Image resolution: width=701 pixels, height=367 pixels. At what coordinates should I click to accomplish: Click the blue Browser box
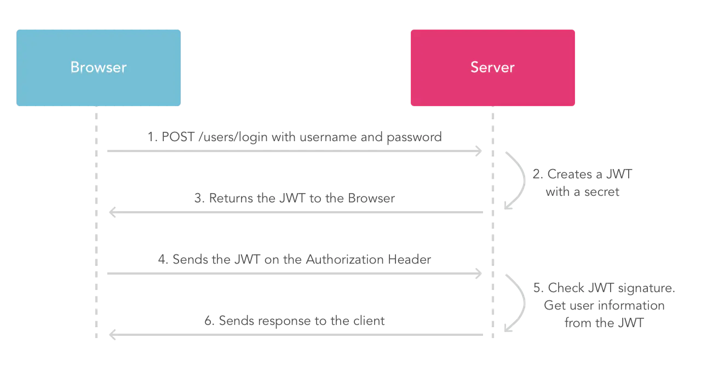pyautogui.click(x=99, y=68)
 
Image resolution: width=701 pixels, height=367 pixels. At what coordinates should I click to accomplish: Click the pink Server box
pyautogui.click(x=492, y=68)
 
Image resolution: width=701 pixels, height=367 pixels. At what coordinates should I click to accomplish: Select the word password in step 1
pyautogui.click(x=414, y=137)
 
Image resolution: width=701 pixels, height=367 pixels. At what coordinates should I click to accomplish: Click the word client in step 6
pyautogui.click(x=369, y=321)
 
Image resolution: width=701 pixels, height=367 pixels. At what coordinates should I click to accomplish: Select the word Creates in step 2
pyautogui.click(x=570, y=174)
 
